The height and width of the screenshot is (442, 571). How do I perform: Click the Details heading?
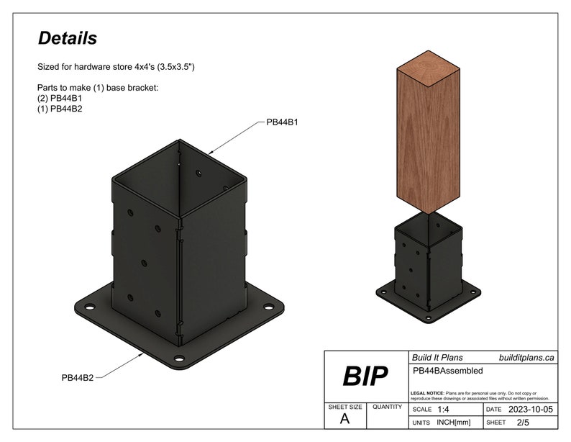pyautogui.click(x=67, y=38)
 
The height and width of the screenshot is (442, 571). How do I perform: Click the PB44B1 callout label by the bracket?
pyautogui.click(x=282, y=122)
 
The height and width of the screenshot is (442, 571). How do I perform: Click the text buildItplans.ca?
pyautogui.click(x=526, y=357)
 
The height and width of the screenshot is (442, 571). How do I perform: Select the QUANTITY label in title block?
pyautogui.click(x=387, y=407)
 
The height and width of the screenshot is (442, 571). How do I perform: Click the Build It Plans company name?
pyautogui.click(x=437, y=357)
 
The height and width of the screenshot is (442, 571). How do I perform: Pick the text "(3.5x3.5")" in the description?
pyautogui.click(x=170, y=67)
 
